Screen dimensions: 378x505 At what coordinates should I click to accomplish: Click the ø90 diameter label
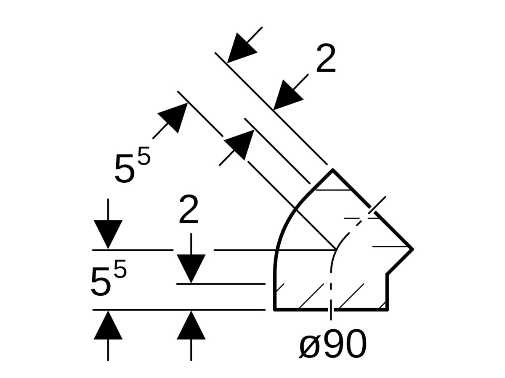tap(332, 344)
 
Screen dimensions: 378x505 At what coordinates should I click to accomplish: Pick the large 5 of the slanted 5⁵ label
tap(125, 168)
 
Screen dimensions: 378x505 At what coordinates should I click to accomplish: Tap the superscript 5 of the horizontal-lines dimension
tap(120, 271)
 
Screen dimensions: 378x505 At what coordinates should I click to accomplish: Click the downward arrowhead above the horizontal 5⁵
tap(108, 234)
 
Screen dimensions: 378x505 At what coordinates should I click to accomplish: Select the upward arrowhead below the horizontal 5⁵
tap(108, 325)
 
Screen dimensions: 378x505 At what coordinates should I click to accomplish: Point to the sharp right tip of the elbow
tap(412, 249)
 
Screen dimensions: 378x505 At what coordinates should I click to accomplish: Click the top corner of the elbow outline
tap(332, 170)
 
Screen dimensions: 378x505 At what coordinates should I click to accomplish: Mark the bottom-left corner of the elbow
tap(274, 310)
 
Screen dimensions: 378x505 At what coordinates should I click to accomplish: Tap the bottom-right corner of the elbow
tap(387, 310)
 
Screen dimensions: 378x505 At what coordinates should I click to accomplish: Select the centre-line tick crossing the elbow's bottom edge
tap(332, 310)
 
